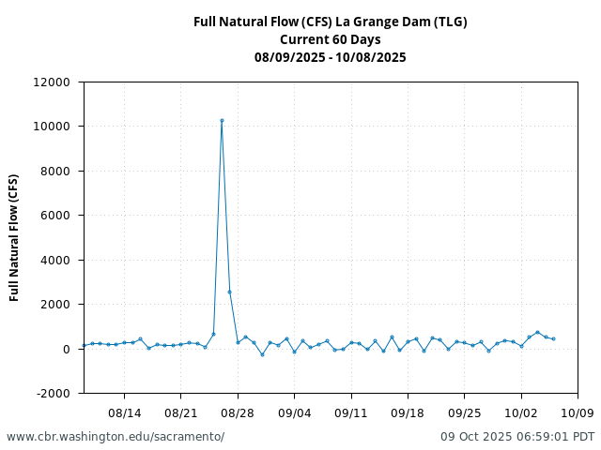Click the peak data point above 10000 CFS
[222, 120]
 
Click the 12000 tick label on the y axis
[52, 82]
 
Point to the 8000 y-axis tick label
[55, 172]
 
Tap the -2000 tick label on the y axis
[54, 394]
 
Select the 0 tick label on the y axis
[66, 350]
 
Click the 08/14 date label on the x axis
[124, 412]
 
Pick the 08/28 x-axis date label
[238, 412]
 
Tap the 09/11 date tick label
[351, 412]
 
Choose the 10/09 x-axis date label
[578, 412]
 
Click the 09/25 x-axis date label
[465, 412]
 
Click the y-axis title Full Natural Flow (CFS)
[15, 237]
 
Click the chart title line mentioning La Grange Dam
[331, 22]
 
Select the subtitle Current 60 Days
[331, 39]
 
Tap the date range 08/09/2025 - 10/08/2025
[331, 57]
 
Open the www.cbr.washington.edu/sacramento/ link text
[116, 437]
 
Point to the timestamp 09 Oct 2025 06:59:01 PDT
[517, 437]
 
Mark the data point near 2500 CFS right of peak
[229, 292]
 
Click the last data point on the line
[553, 338]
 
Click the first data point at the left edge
[84, 346]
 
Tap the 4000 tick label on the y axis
[55, 261]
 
